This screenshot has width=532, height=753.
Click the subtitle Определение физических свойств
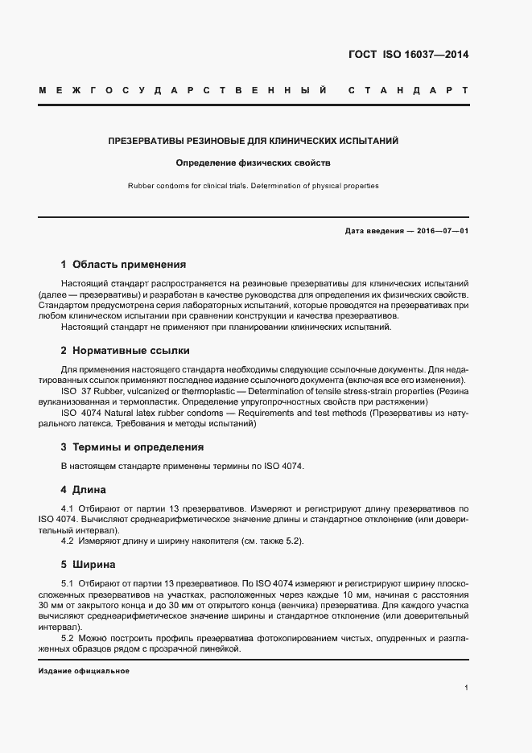coord(254,163)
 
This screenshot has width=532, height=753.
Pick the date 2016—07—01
coord(441,231)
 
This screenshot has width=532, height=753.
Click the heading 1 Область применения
coord(123,264)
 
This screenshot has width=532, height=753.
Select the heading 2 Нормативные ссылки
coord(125,351)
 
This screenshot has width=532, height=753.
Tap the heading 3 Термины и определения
coord(132,446)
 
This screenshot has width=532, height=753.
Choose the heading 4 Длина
coord(83,489)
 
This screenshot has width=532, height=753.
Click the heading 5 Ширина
coord(88,564)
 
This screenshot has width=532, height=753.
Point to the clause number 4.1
coord(68,509)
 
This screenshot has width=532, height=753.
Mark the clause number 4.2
coord(68,541)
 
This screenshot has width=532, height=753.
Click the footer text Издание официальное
coord(84,671)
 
